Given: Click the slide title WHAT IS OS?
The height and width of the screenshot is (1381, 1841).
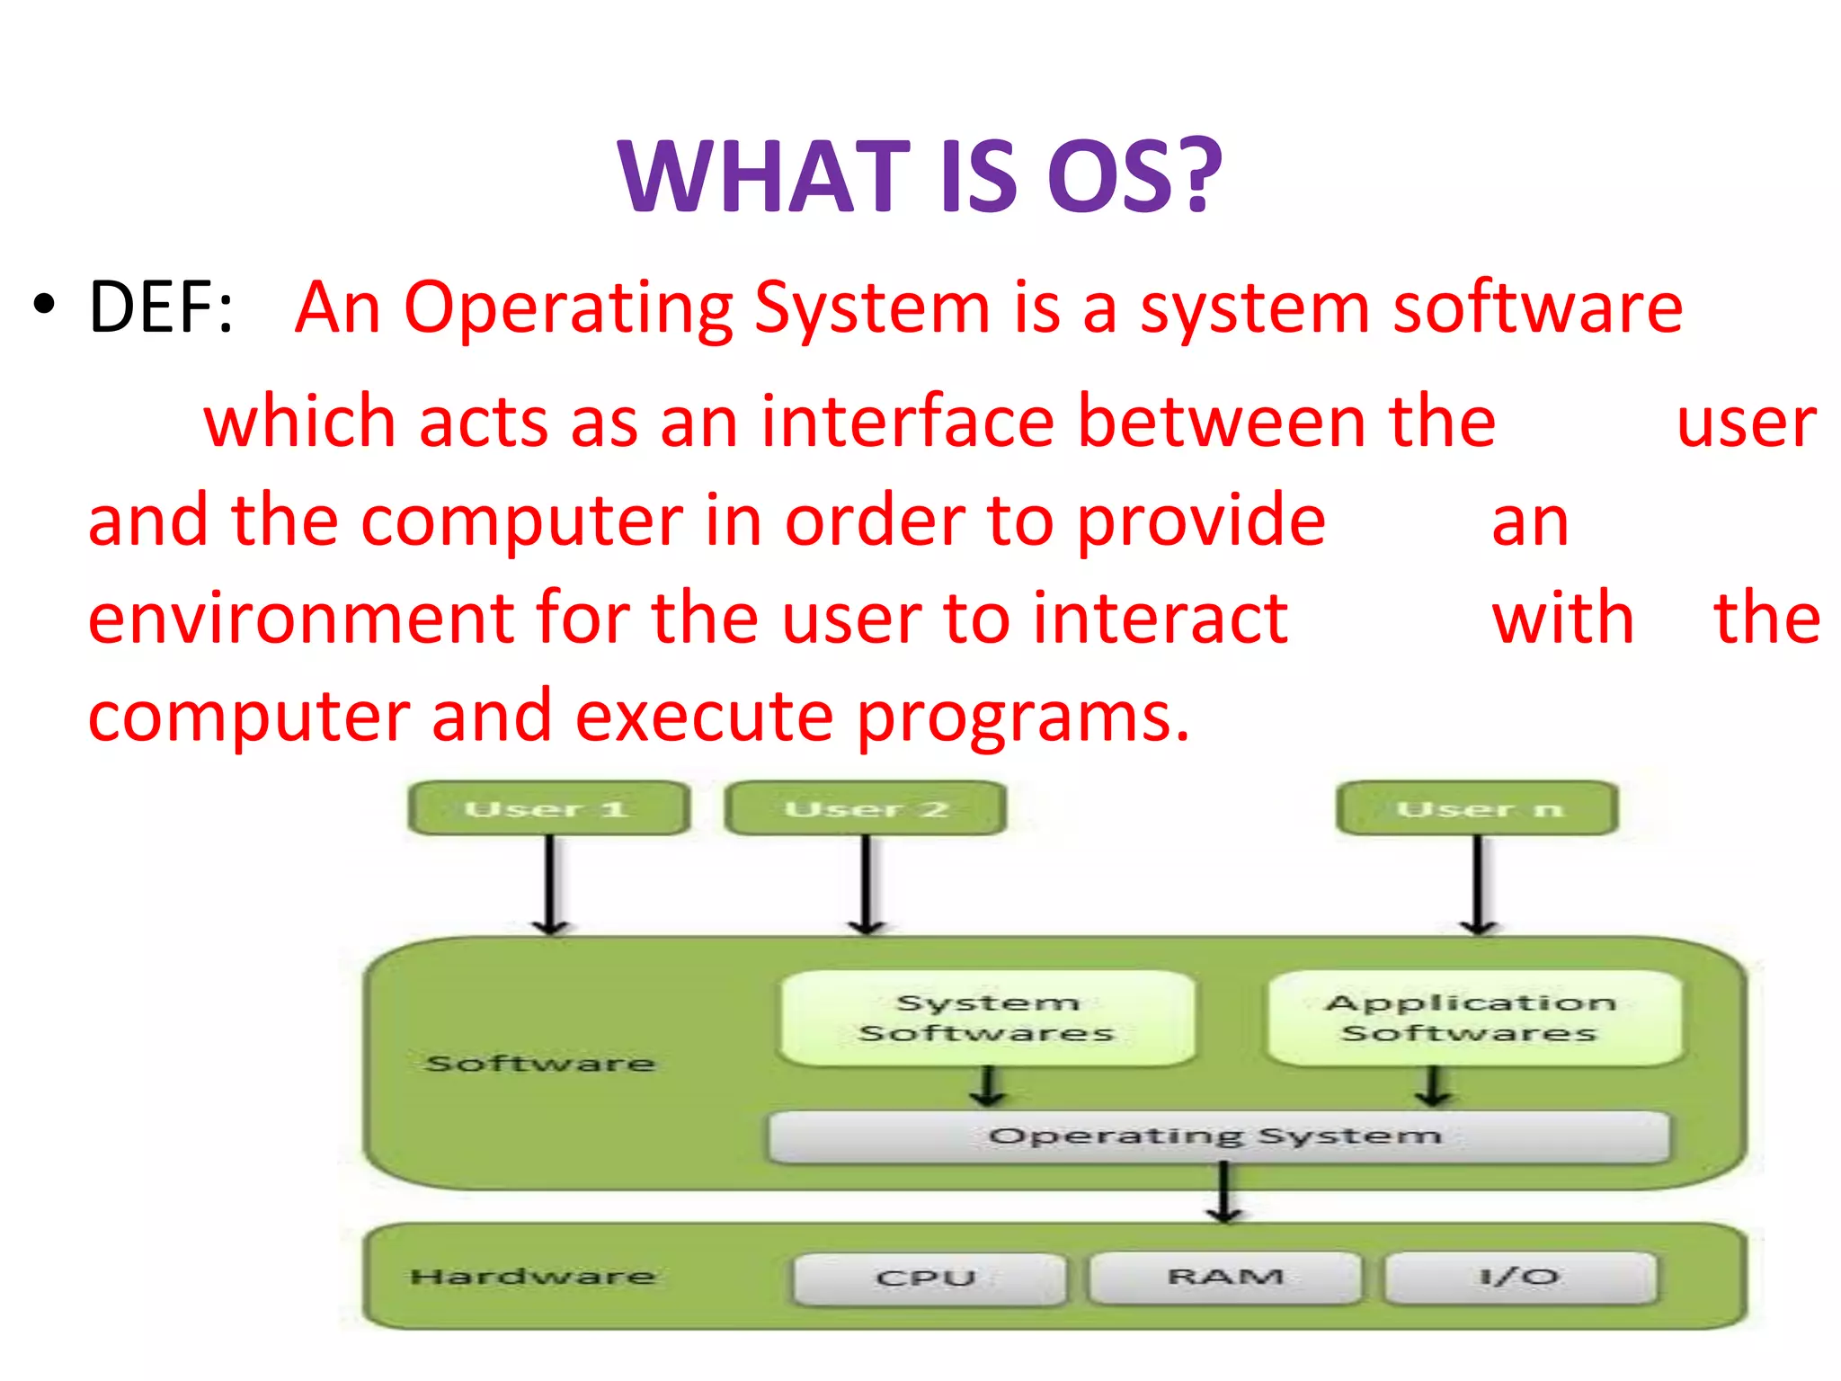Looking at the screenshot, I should coord(920,176).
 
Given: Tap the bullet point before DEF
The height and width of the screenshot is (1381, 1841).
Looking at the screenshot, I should coord(43,306).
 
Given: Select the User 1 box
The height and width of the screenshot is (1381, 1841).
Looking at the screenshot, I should coord(548,808).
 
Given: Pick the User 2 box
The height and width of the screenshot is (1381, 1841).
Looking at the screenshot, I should coord(865,808).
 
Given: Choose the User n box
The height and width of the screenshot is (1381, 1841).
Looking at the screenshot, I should coord(1477,808).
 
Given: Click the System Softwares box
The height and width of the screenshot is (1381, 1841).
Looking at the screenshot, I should coord(987,1018).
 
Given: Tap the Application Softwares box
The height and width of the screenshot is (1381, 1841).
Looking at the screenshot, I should coord(1472,1018).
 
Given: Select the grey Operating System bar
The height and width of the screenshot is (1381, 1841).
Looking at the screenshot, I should coord(1217,1136).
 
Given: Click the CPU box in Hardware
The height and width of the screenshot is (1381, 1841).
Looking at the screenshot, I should coord(928,1278).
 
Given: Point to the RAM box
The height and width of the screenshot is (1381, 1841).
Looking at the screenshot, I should coord(1224,1277).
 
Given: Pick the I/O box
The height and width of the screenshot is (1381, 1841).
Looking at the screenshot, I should coord(1519,1277).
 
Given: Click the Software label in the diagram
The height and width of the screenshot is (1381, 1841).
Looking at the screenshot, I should coord(539,1064).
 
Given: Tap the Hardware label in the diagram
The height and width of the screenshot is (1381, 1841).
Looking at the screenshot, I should coord(532,1277).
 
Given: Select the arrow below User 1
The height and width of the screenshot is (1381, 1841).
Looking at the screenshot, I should coord(550,886).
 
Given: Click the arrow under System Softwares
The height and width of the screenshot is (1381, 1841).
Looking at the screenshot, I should coord(987,1086).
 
